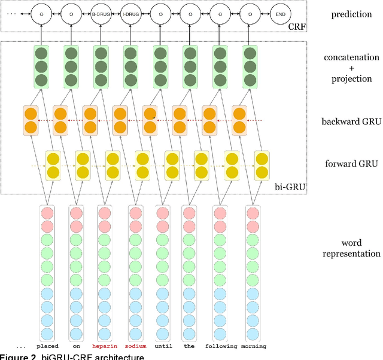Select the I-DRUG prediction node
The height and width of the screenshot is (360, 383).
click(130, 13)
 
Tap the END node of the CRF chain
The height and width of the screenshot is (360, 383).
click(279, 13)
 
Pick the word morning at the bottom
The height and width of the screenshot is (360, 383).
click(254, 346)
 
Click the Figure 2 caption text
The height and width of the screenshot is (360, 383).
click(72, 356)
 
